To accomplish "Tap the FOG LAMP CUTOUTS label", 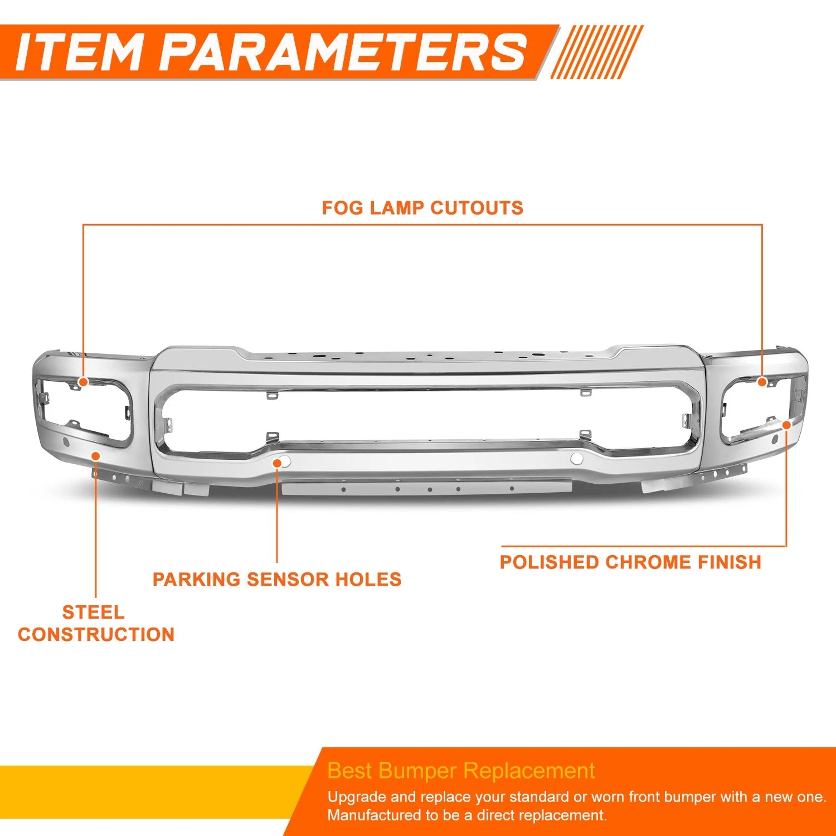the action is point(422,208).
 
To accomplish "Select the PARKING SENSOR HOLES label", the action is point(277,579).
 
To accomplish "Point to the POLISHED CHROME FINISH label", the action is point(630,562).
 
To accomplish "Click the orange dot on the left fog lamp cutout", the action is point(83,382).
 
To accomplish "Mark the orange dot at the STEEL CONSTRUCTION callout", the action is point(96,456).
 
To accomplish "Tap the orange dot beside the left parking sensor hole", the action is point(277,462).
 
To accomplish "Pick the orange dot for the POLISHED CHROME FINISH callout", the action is point(786,425).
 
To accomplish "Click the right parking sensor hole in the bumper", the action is point(577,459).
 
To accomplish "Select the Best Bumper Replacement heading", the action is point(461,771).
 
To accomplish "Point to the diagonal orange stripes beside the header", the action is point(597,52).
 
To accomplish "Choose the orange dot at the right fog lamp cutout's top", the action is point(762,382).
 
